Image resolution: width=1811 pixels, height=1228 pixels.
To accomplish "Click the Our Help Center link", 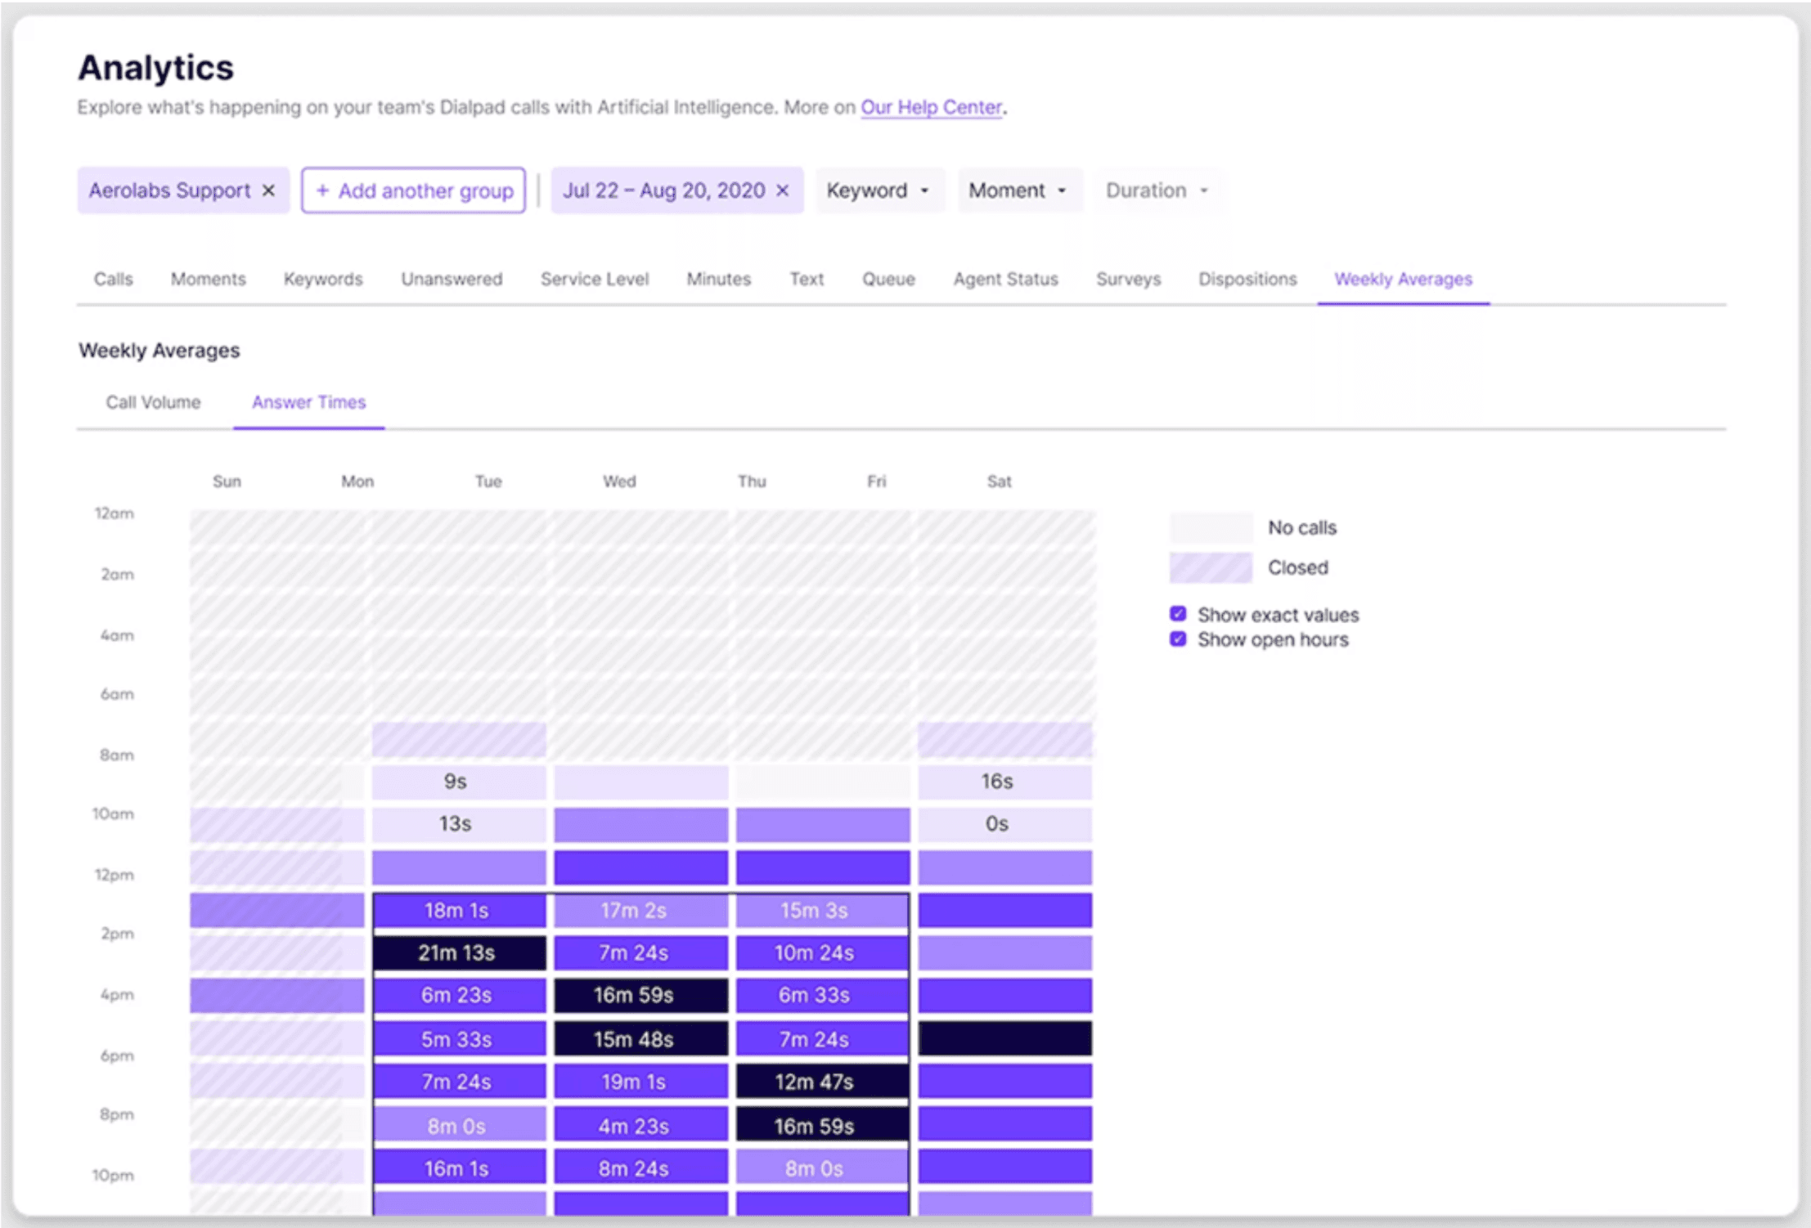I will pyautogui.click(x=931, y=107).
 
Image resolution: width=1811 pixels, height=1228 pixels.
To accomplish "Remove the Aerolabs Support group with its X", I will pyautogui.click(x=268, y=190).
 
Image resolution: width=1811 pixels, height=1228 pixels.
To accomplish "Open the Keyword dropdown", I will pyautogui.click(x=878, y=190).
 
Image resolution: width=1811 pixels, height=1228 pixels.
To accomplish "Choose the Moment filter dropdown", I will pyautogui.click(x=1018, y=190).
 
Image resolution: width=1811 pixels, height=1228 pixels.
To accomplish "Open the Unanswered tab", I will pyautogui.click(x=452, y=279).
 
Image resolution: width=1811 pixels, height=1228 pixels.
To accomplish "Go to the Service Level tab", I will pyautogui.click(x=594, y=279).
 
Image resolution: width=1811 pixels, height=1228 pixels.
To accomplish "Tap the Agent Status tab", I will pyautogui.click(x=1005, y=279).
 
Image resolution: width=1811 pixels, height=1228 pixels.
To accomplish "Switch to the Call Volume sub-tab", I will pyautogui.click(x=153, y=402).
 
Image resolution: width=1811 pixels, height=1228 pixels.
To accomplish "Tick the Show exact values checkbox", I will pyautogui.click(x=1178, y=614).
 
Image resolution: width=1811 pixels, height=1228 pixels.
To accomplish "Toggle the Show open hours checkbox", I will pyautogui.click(x=1178, y=639).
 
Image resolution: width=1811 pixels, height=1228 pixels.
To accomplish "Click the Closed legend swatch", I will pyautogui.click(x=1210, y=567).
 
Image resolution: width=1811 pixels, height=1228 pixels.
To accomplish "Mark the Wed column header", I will pyautogui.click(x=619, y=482).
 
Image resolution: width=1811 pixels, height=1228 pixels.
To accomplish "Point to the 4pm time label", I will pyautogui.click(x=117, y=995).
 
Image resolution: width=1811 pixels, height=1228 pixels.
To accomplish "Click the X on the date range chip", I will pyautogui.click(x=783, y=190).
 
